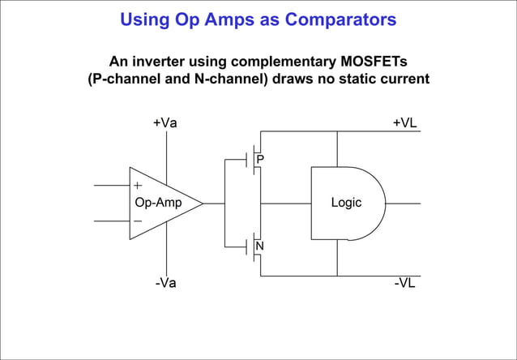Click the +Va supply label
[165, 122]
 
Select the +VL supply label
[404, 122]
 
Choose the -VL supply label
[404, 283]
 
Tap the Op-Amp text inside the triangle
[158, 203]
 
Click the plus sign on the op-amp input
[138, 186]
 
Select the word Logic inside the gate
[346, 203]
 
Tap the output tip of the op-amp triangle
[203, 204]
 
